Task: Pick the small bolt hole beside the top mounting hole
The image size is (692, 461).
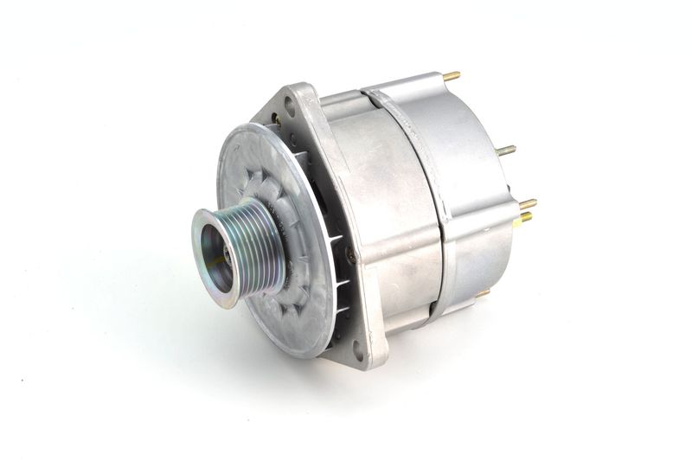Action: pos(276,120)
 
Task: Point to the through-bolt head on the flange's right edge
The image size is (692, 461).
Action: pos(350,254)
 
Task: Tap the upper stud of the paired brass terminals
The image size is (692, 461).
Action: pos(527,204)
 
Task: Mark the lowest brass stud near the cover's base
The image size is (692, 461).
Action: pos(482,293)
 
